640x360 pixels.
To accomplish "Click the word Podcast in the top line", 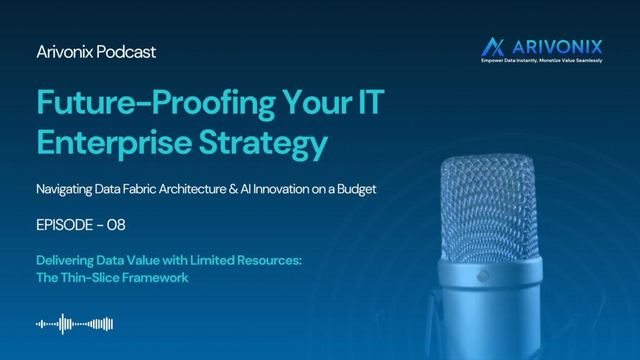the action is [x=126, y=52].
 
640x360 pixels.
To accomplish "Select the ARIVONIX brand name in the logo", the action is [x=557, y=47].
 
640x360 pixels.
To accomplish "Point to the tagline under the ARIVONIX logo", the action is [x=542, y=61].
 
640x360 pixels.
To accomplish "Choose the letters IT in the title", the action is [x=371, y=102].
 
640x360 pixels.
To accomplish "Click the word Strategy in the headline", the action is [x=263, y=144].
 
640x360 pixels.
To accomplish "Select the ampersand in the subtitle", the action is [x=233, y=189].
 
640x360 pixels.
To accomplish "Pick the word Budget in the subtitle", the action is [x=356, y=189].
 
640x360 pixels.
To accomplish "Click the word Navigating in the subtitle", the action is [x=64, y=189].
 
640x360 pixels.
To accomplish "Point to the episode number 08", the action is [x=116, y=225].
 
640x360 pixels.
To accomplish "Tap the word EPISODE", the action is [x=64, y=225].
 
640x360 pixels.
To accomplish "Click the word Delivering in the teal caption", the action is [x=65, y=261].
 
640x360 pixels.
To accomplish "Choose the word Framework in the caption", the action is [x=155, y=277].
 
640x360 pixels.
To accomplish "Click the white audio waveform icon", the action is [x=74, y=324].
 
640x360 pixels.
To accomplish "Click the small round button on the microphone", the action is [x=483, y=276].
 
